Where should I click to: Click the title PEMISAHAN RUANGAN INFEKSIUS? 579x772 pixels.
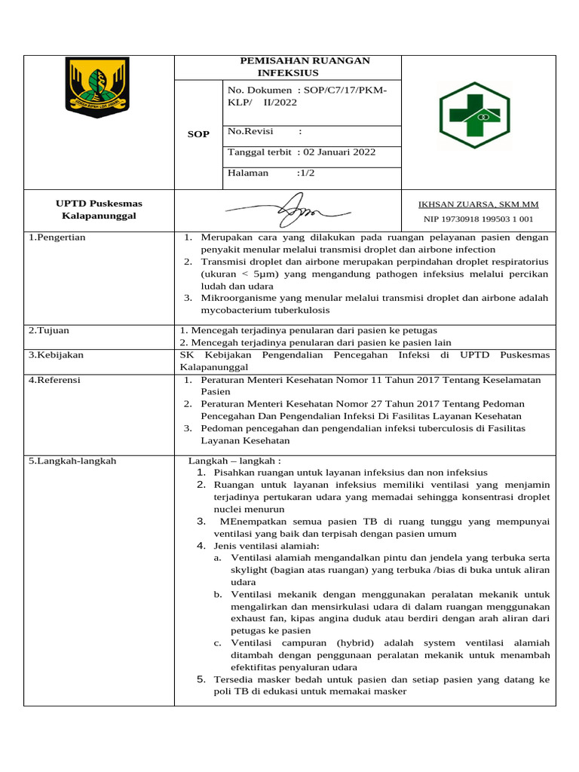[288, 66]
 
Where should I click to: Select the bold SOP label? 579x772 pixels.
[198, 134]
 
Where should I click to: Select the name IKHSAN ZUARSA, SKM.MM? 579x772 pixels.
[478, 204]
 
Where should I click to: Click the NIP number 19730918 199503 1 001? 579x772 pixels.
[478, 219]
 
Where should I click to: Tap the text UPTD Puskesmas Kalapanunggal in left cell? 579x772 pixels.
[99, 210]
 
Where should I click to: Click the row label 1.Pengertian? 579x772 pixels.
[57, 237]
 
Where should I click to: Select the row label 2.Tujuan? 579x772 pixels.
[48, 330]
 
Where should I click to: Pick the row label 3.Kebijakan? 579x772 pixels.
[56, 354]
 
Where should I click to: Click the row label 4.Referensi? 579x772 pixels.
[54, 380]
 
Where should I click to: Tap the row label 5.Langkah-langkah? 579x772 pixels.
[72, 461]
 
